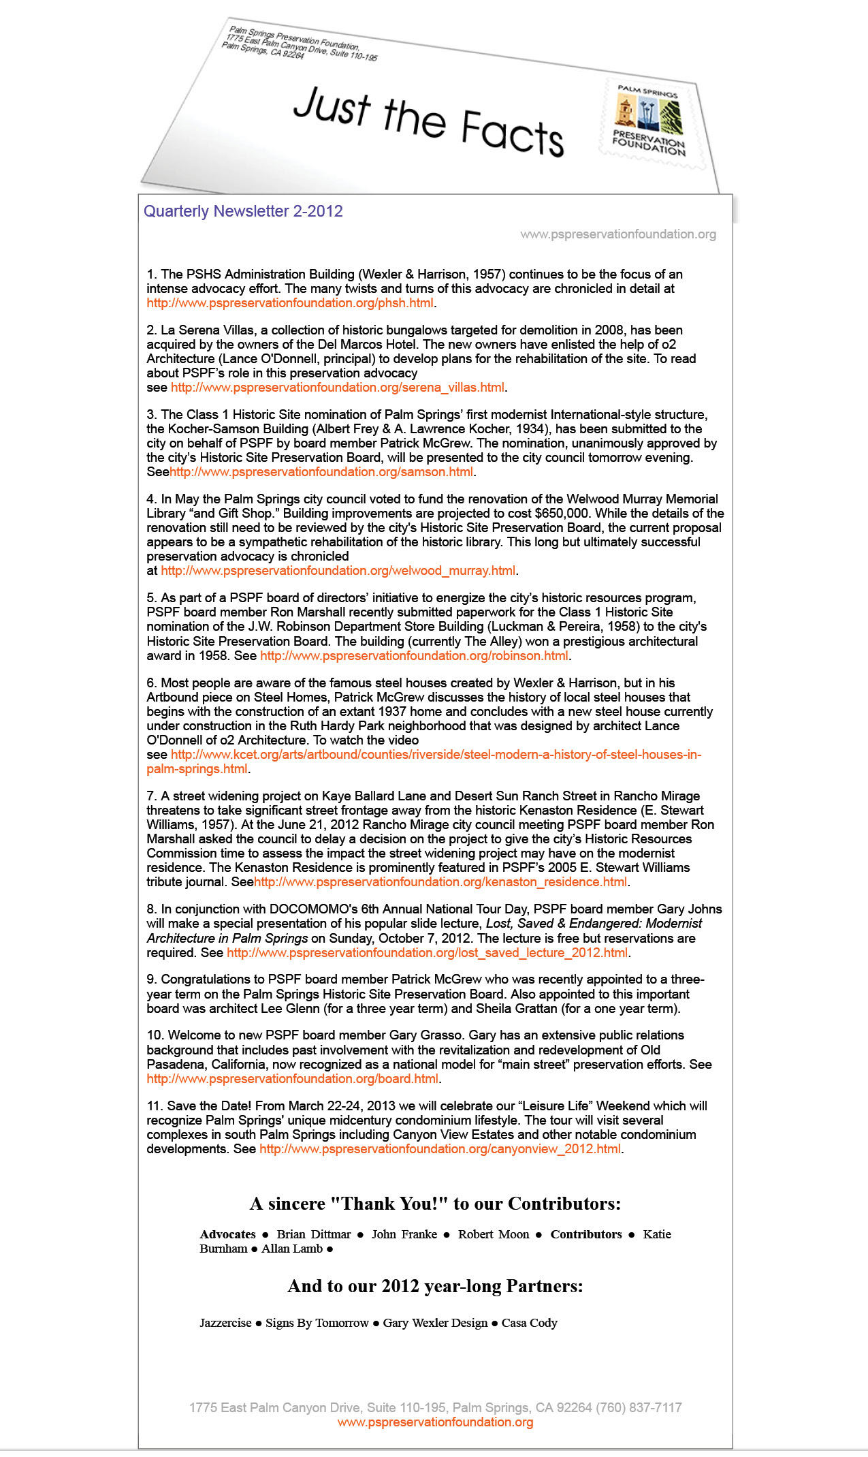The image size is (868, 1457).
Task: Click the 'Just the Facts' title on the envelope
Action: click(428, 121)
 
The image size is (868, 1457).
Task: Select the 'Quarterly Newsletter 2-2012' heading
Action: click(243, 211)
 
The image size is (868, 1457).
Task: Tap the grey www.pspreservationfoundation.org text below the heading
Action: click(617, 234)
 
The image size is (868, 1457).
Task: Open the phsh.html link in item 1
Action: click(290, 303)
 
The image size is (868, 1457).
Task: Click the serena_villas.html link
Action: click(338, 388)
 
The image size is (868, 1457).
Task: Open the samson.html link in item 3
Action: click(321, 472)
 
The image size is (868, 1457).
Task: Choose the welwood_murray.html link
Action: click(338, 571)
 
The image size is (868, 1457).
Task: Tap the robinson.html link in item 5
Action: click(414, 656)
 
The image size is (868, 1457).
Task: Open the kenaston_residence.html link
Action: click(440, 882)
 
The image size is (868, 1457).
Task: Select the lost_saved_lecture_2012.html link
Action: click(428, 953)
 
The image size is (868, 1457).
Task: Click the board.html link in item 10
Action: click(293, 1079)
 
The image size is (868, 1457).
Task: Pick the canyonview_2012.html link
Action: click(440, 1149)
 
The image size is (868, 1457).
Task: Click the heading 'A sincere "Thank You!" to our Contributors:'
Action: click(435, 1204)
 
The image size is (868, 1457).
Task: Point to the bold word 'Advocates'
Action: click(227, 1234)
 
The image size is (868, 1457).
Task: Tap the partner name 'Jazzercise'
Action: click(225, 1323)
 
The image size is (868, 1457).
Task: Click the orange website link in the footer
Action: click(435, 1422)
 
